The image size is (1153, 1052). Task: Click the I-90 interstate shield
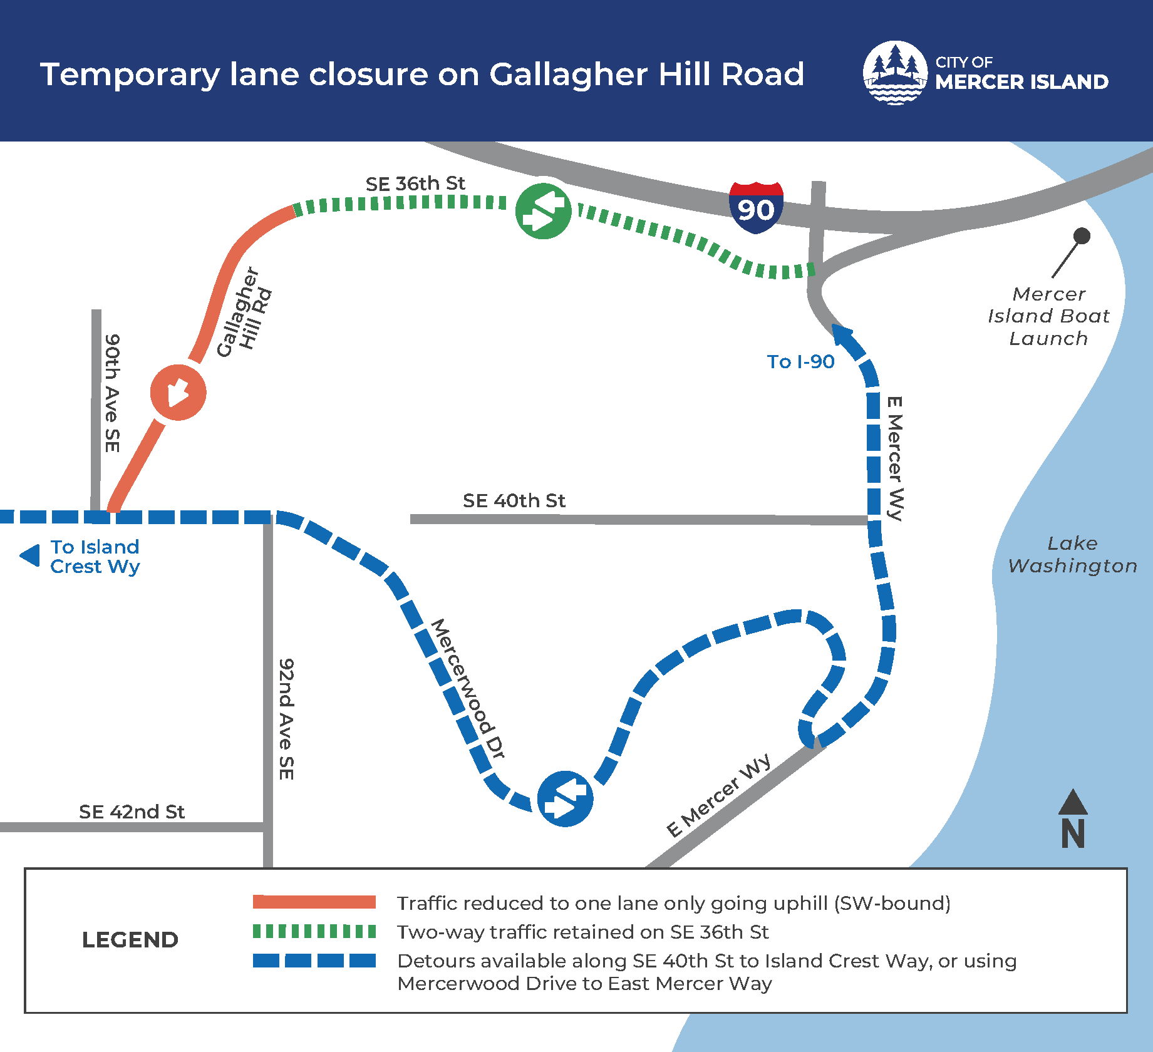point(756,208)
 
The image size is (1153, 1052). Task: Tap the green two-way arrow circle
point(543,211)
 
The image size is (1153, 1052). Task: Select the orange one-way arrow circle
point(178,393)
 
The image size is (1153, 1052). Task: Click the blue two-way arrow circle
point(565,798)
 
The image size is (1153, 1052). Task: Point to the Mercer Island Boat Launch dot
point(1082,236)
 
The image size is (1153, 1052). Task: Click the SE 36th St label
point(415,183)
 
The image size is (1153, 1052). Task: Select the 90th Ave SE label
point(111,393)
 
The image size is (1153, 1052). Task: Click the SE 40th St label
point(514,500)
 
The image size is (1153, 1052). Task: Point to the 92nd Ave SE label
point(286,719)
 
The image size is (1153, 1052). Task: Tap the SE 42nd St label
point(132,812)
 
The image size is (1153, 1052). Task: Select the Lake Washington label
point(1072,554)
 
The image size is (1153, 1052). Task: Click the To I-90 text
point(800,361)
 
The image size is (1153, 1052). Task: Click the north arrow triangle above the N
point(1073,802)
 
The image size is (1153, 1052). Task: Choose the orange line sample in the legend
point(314,902)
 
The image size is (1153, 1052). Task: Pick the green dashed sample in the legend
point(314,931)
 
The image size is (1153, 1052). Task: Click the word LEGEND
point(130,939)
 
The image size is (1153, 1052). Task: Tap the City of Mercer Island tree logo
point(895,73)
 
